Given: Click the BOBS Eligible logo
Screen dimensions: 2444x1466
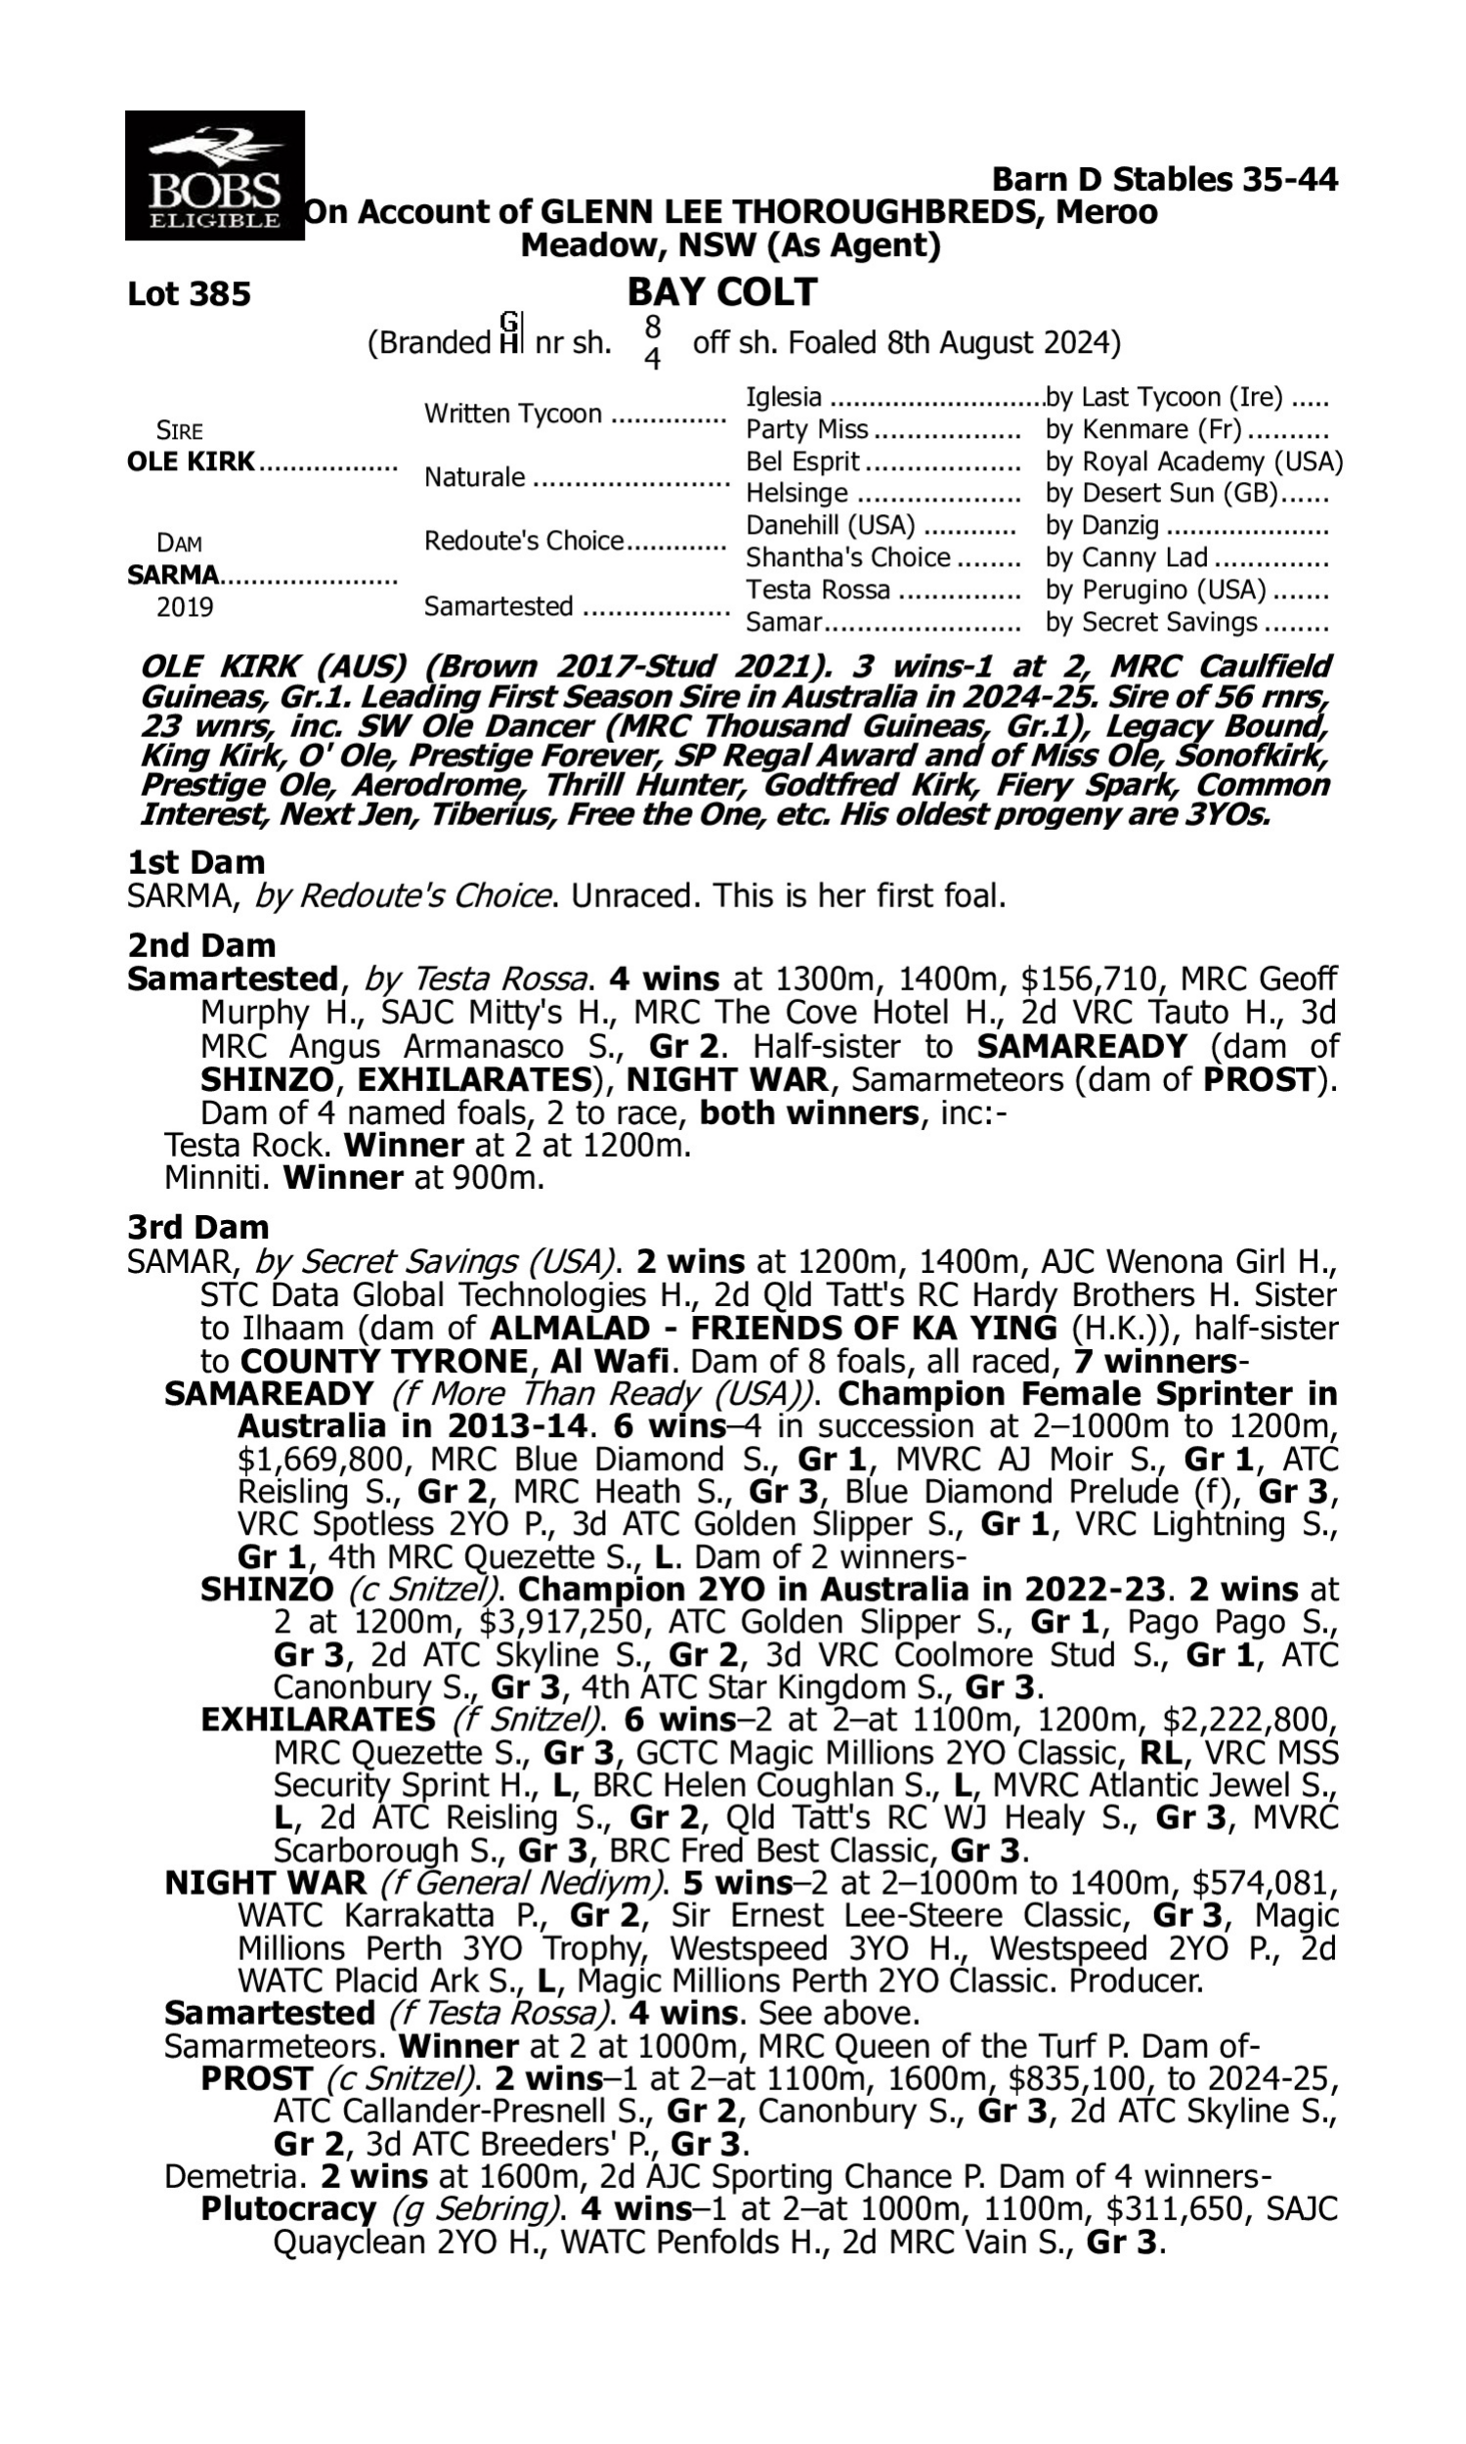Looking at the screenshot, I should coord(214,176).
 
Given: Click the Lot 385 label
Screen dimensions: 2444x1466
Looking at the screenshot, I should coord(189,294).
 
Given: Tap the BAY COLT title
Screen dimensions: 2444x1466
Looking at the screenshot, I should coord(722,291).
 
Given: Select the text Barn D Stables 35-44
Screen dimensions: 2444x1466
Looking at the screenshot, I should coord(1165,180).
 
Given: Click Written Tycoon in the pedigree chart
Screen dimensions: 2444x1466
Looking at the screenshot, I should coord(513,414).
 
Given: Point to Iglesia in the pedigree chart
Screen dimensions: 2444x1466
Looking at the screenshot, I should coord(784,397).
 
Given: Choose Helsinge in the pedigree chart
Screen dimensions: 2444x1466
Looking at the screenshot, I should coord(797,493).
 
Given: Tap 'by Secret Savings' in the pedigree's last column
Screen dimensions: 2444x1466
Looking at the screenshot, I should coord(1151,623).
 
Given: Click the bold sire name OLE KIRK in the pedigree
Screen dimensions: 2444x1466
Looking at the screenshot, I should coord(191,462).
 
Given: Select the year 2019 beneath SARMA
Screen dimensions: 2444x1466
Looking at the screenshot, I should coord(185,607).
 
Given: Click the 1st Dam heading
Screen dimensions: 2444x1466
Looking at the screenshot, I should coord(195,862).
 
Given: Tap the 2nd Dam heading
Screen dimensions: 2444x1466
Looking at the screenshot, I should coord(200,945).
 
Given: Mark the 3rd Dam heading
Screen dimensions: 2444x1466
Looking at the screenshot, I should coord(197,1227).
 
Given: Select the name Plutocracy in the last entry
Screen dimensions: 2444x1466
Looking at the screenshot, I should coord(287,2208).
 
